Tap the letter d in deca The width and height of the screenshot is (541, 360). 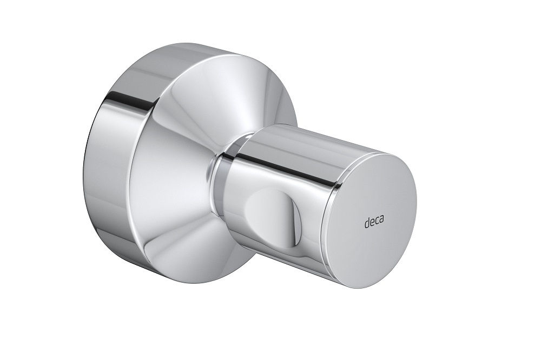365,222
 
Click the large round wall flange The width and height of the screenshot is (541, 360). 162,162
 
